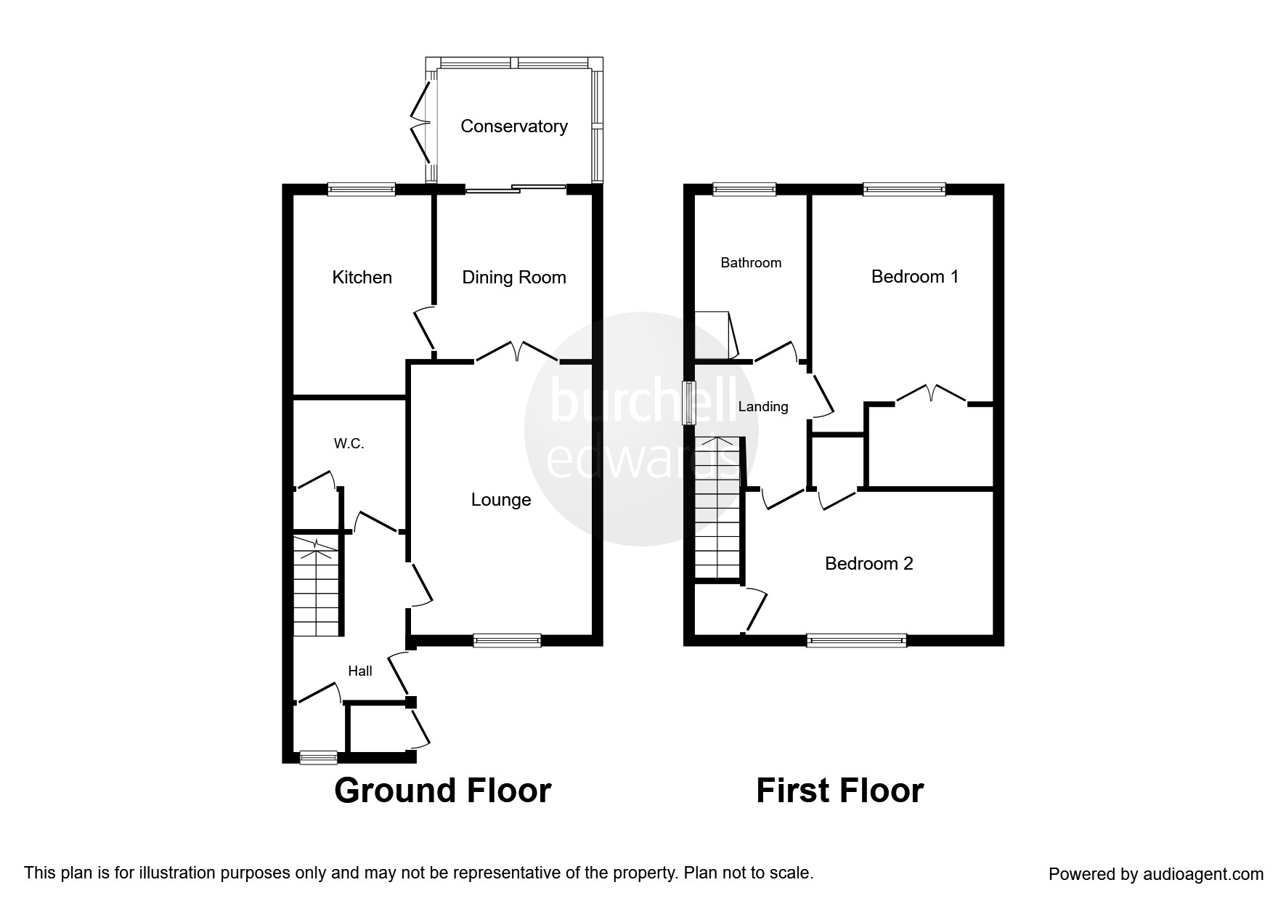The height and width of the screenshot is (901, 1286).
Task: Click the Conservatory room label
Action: [x=514, y=126]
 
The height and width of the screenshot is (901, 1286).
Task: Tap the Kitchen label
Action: [x=362, y=277]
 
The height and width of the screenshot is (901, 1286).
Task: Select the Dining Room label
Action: [x=514, y=277]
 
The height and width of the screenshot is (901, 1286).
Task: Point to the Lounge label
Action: [x=501, y=500]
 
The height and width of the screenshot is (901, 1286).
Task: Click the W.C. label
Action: [x=349, y=444]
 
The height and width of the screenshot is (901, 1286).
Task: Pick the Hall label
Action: [x=360, y=671]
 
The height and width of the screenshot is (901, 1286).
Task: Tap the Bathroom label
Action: [x=751, y=262]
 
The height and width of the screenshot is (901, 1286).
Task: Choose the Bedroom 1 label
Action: [x=915, y=277]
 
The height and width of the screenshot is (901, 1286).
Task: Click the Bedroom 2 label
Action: [x=869, y=563]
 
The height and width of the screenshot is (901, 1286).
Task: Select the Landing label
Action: [x=763, y=407]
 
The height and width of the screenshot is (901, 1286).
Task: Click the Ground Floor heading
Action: [x=443, y=791]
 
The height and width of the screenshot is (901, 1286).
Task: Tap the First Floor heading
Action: [x=840, y=791]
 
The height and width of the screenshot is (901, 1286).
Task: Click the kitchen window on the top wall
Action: [x=362, y=190]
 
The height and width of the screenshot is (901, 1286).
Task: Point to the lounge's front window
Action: [x=507, y=640]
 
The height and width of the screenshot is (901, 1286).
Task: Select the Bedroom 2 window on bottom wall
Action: [x=857, y=640]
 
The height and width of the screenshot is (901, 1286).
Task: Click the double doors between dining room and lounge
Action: [x=517, y=352]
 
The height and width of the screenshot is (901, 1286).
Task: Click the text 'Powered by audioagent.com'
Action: [x=1156, y=874]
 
